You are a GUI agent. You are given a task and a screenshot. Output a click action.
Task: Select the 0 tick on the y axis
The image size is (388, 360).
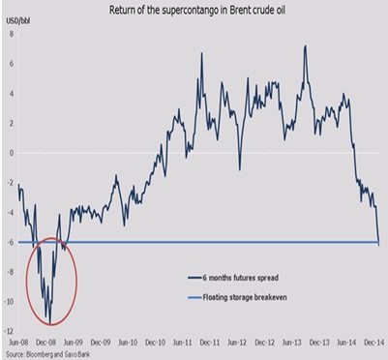point(10,152)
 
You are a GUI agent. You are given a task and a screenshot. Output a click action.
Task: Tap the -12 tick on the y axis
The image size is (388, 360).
point(8,331)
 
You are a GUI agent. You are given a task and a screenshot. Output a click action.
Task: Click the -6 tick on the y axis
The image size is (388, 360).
point(9,242)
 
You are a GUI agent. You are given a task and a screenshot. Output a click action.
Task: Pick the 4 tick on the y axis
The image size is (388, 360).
point(10,93)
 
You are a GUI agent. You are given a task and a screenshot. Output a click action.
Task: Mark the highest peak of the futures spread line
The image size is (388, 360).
point(306,45)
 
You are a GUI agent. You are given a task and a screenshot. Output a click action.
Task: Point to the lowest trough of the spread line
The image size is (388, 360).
point(49,323)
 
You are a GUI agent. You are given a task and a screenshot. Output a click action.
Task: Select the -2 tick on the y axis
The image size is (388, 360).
point(9,182)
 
